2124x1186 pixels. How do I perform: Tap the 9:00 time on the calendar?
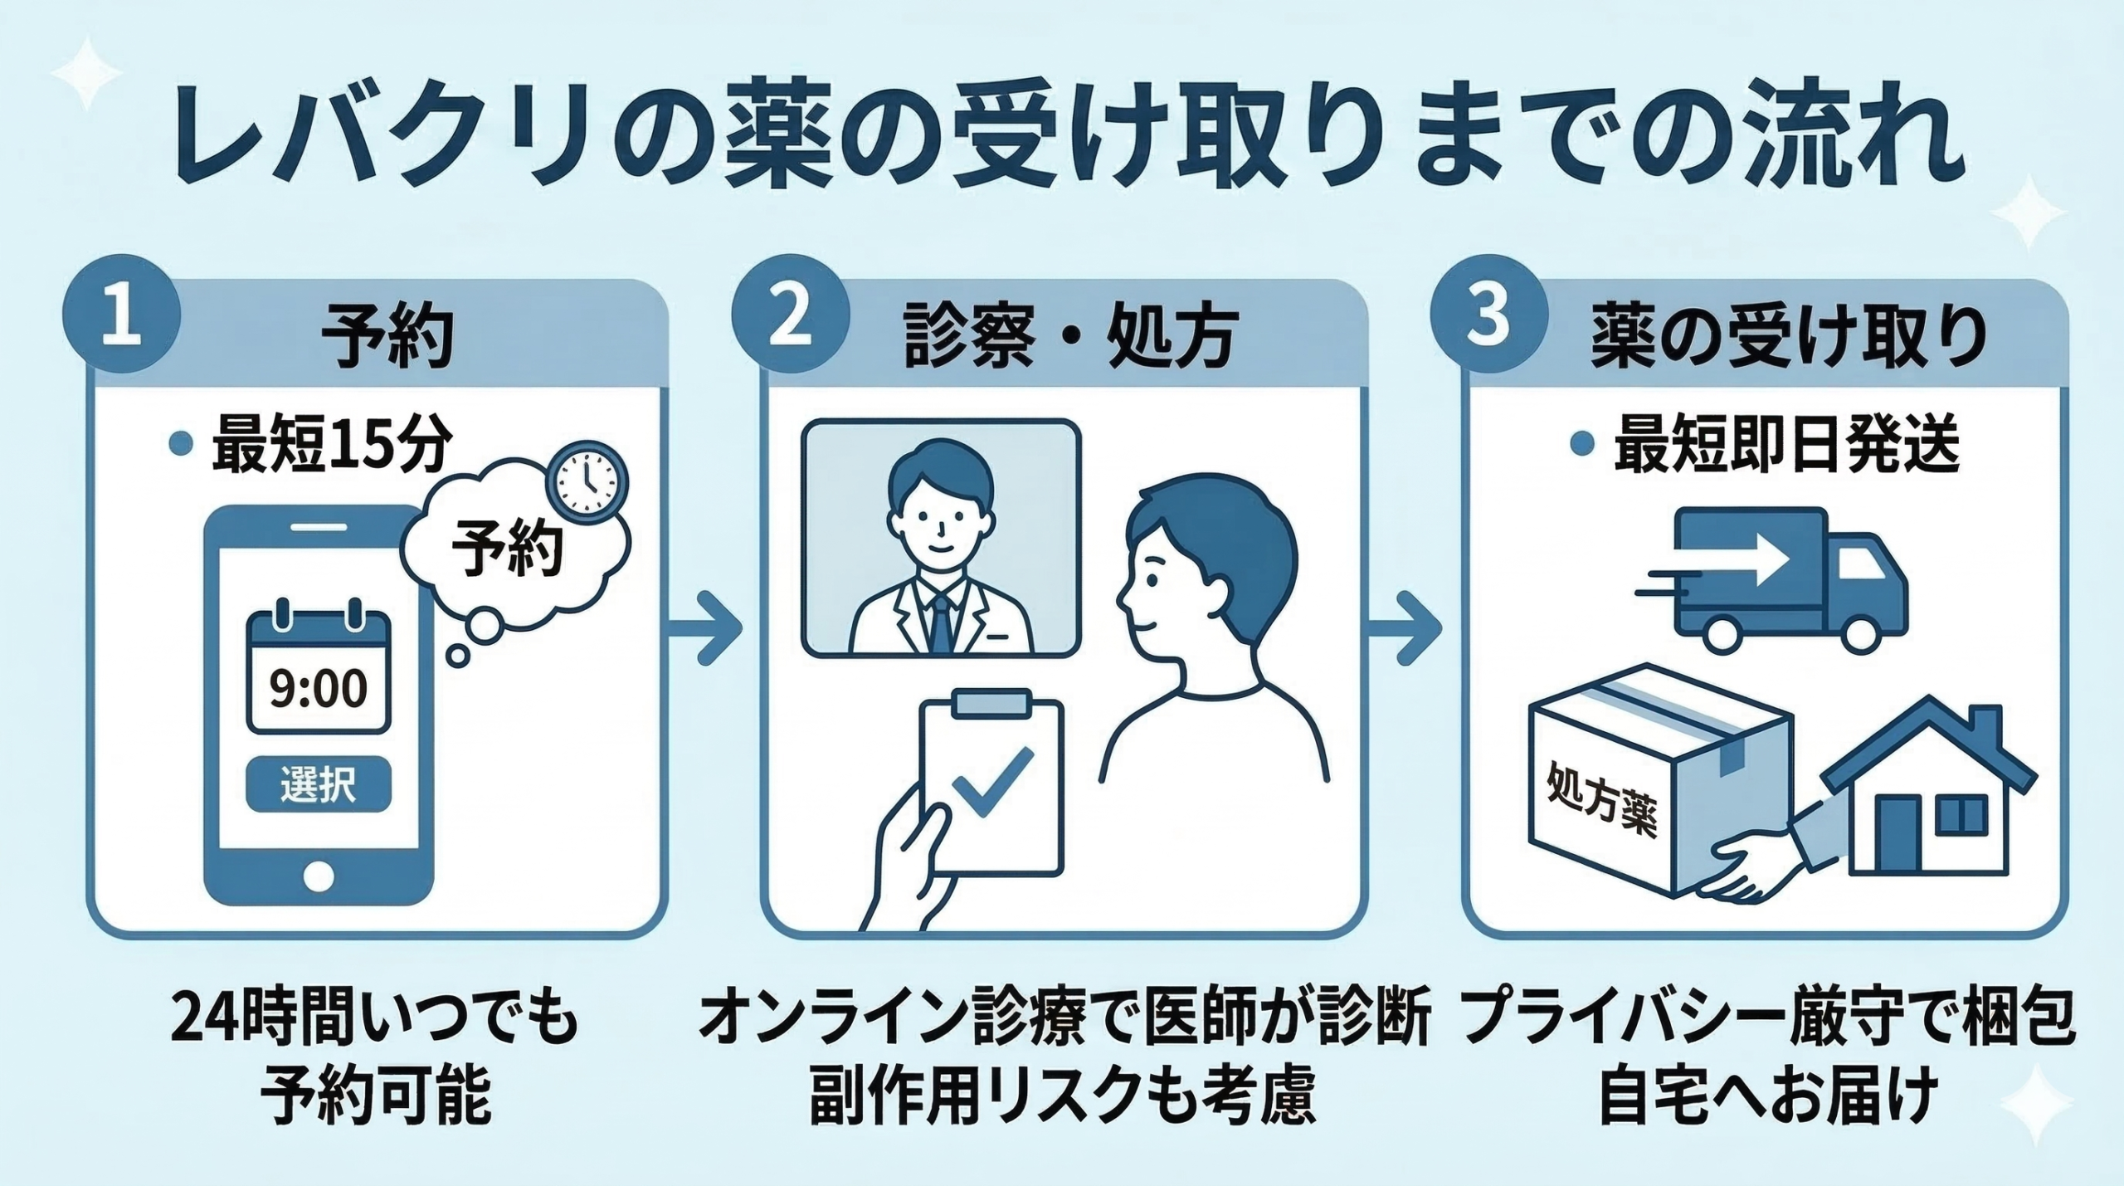coord(319,689)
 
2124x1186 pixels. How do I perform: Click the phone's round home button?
coord(319,876)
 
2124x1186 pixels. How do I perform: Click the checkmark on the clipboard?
coord(991,784)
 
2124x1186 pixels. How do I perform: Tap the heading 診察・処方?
coord(1070,341)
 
